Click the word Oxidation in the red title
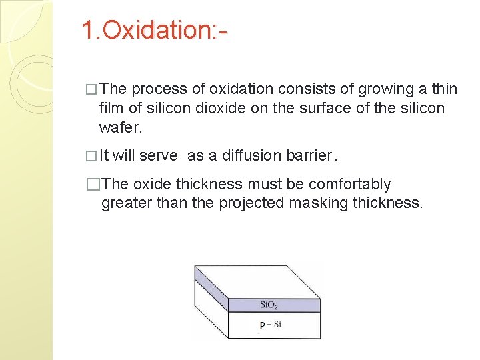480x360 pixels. [x=157, y=30]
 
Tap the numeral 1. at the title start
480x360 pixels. [x=91, y=30]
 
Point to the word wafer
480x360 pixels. [x=119, y=127]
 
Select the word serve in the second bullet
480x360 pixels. [x=158, y=155]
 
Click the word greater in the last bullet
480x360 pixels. [x=127, y=203]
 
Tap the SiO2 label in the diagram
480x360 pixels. [x=269, y=305]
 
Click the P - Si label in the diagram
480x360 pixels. [x=269, y=325]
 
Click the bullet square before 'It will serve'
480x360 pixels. [x=91, y=156]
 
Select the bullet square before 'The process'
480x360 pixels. [x=91, y=90]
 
